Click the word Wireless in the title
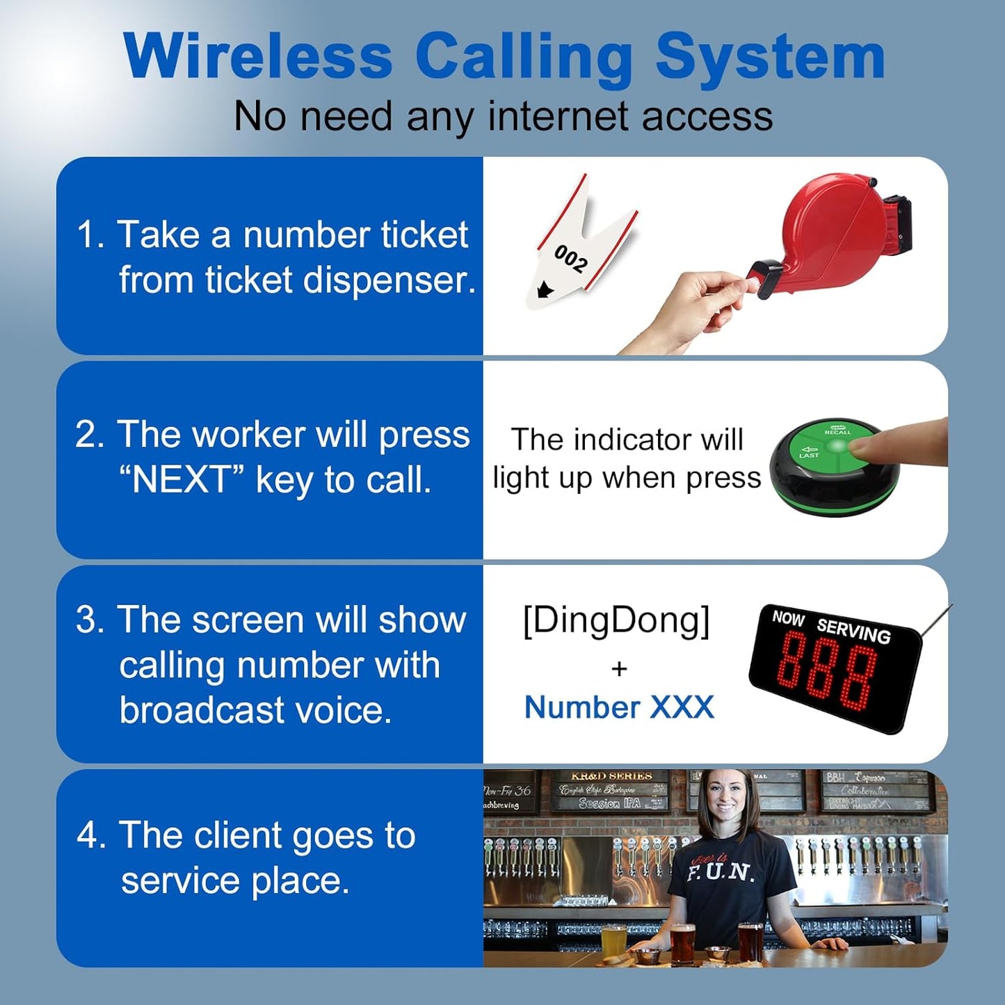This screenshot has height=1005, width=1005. [258, 57]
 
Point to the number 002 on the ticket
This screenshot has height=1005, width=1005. [571, 258]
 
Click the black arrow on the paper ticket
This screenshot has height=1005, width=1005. [545, 289]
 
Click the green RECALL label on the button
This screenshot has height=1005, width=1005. [837, 431]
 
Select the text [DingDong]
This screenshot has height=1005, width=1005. [616, 620]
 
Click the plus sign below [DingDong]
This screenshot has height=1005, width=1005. [619, 668]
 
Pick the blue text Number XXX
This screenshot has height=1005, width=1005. [619, 707]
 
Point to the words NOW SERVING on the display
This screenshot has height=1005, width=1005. [832, 625]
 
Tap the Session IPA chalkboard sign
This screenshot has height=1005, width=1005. [609, 803]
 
